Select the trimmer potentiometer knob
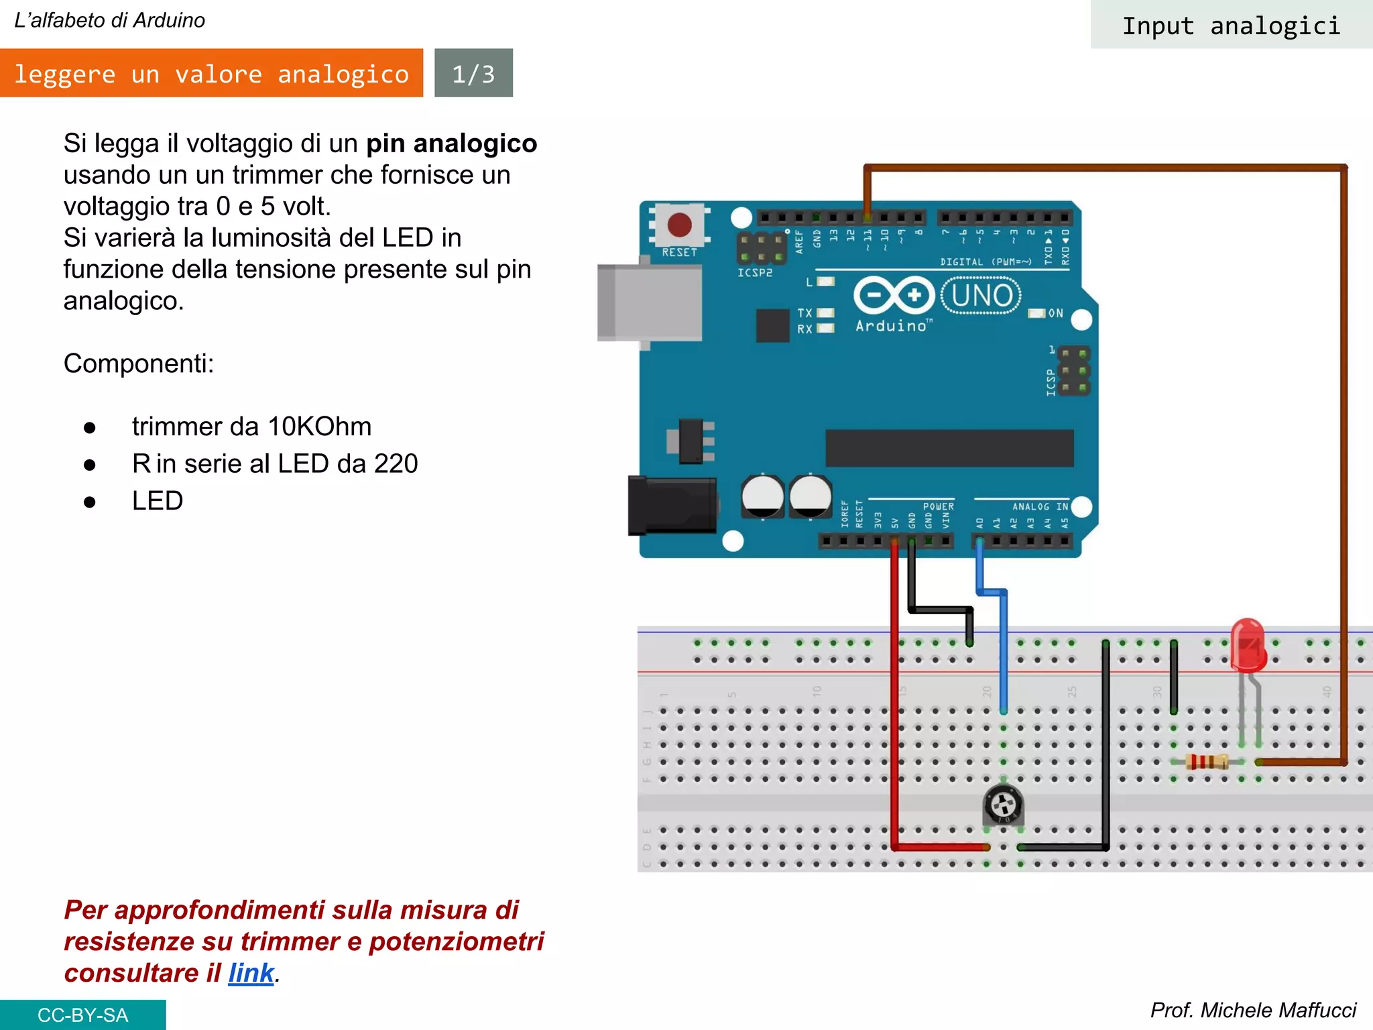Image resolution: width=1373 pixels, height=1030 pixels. coord(1003,805)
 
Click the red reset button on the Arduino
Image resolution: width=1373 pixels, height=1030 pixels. coord(679,225)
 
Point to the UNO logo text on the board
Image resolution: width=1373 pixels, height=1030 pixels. coord(981,295)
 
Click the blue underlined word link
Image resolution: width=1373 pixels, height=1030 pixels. coord(251,973)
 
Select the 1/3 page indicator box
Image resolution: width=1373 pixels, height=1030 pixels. coord(473,73)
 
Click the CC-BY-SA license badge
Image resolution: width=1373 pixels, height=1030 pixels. coord(82,1015)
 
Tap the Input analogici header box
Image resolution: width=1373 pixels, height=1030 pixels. coord(1231,25)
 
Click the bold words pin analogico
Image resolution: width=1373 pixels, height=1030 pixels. coord(451,144)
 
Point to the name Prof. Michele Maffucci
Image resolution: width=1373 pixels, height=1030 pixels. coord(1252,1010)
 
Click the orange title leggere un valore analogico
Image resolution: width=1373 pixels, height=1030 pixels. coord(211,73)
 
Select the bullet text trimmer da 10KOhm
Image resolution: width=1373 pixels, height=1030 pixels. coord(251,426)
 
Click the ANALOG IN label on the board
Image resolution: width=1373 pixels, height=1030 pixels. coord(1040,506)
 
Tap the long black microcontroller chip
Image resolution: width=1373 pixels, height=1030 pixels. coord(949,448)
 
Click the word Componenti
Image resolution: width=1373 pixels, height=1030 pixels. coord(139,363)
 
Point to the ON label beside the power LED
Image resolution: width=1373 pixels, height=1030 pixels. coord(1055,313)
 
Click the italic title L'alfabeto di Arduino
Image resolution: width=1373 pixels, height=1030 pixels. coord(109,20)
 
